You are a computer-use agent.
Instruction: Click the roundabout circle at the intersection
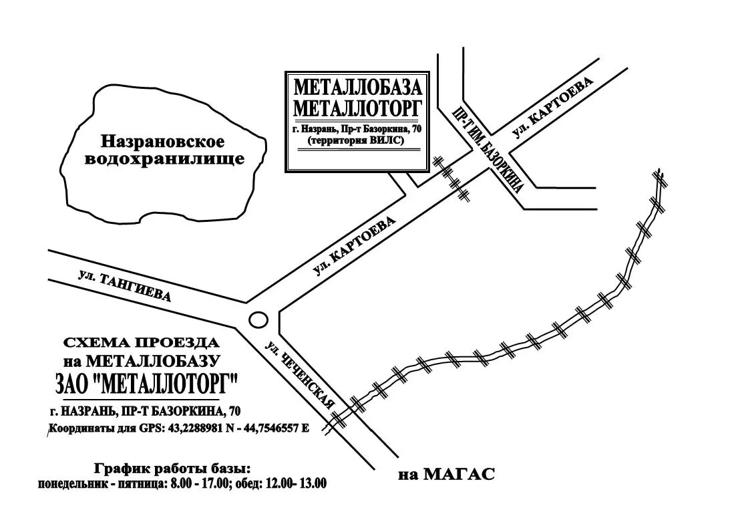pyautogui.click(x=257, y=320)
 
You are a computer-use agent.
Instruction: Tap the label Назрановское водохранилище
pyautogui.click(x=162, y=150)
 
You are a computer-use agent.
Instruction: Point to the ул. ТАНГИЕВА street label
pyautogui.click(x=124, y=287)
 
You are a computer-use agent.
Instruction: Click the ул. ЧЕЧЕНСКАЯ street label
pyautogui.click(x=300, y=376)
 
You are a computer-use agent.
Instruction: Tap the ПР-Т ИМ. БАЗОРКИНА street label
pyautogui.click(x=488, y=148)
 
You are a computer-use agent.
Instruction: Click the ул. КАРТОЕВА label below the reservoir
pyautogui.click(x=355, y=246)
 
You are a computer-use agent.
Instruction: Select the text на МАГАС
pyautogui.click(x=446, y=475)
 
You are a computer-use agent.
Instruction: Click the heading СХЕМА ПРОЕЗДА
pyautogui.click(x=142, y=343)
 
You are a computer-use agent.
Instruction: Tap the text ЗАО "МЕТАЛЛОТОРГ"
pyautogui.click(x=146, y=385)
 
